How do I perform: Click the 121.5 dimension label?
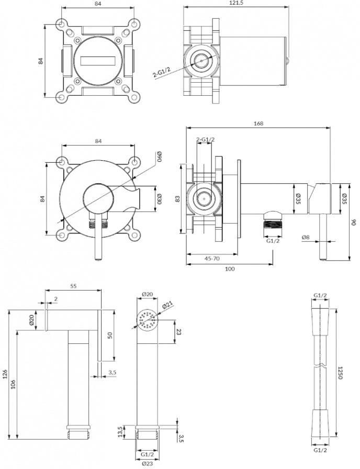click(x=236, y=3)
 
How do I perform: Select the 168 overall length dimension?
click(x=258, y=123)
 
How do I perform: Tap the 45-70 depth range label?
click(x=212, y=258)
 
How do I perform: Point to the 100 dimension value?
click(x=230, y=269)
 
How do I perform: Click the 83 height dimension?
click(x=177, y=198)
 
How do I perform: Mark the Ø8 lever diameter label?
click(x=306, y=237)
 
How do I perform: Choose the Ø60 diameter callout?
click(x=160, y=157)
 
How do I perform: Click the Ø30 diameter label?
click(x=160, y=199)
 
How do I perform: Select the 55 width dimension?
click(x=73, y=286)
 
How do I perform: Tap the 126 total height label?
click(x=5, y=374)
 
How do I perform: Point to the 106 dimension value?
click(x=13, y=384)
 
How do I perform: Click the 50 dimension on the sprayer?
click(x=110, y=335)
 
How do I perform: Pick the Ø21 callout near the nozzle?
click(x=168, y=306)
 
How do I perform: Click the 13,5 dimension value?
click(x=120, y=432)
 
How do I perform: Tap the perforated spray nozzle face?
click(x=148, y=320)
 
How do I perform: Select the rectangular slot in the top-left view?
click(x=98, y=60)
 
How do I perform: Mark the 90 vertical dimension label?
click(x=354, y=222)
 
